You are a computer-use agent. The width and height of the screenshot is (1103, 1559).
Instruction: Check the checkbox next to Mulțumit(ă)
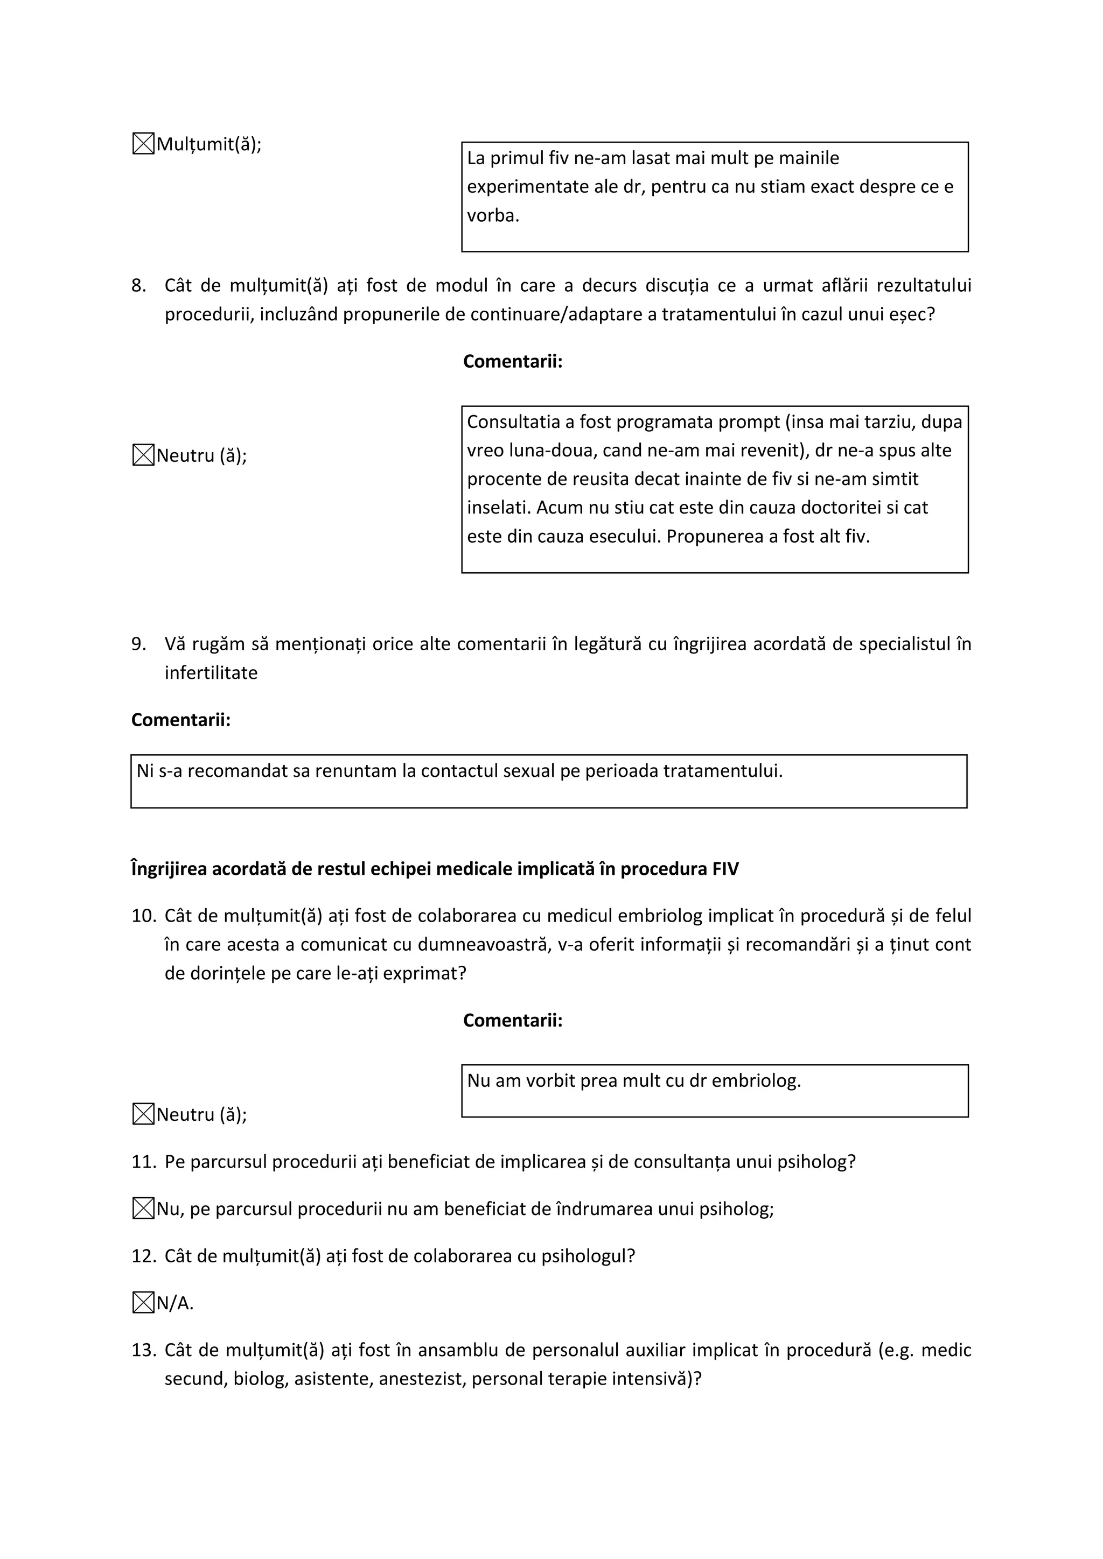[x=143, y=144]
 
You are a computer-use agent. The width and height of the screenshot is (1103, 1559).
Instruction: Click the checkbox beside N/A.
[x=143, y=1303]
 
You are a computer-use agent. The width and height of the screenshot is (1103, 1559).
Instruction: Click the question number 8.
[x=138, y=286]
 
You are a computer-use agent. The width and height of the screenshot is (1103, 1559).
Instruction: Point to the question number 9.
[x=138, y=644]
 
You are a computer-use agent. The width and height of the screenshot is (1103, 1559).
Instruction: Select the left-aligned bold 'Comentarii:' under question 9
[x=180, y=720]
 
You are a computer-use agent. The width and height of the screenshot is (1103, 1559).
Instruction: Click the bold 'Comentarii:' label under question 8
[x=513, y=361]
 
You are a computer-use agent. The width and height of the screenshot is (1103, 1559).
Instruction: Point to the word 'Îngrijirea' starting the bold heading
[x=169, y=869]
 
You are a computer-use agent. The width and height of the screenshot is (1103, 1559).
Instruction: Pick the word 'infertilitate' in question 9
[x=211, y=673]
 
